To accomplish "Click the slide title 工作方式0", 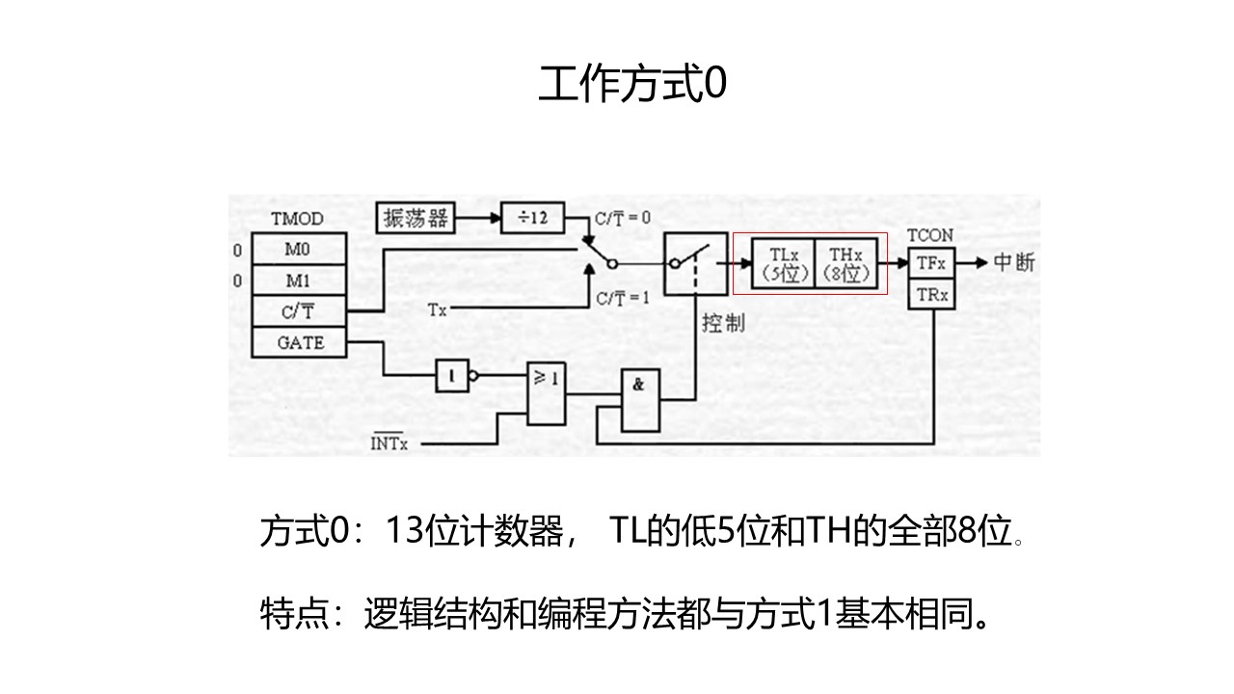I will [x=631, y=85].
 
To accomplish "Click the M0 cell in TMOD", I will [x=299, y=250].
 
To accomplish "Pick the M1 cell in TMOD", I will [x=299, y=281].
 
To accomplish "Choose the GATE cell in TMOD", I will [x=299, y=342].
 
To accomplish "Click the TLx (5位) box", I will [x=782, y=263].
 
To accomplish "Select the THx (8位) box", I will [x=847, y=263].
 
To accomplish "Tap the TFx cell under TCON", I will [x=931, y=262].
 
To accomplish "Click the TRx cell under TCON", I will [x=931, y=294].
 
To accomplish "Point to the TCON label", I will [x=930, y=235].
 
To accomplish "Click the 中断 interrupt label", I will [x=1012, y=262].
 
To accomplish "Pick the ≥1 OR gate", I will [x=546, y=393].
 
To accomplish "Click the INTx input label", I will [x=389, y=443].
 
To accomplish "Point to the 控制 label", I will [x=722, y=322].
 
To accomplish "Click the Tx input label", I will [x=437, y=309].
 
